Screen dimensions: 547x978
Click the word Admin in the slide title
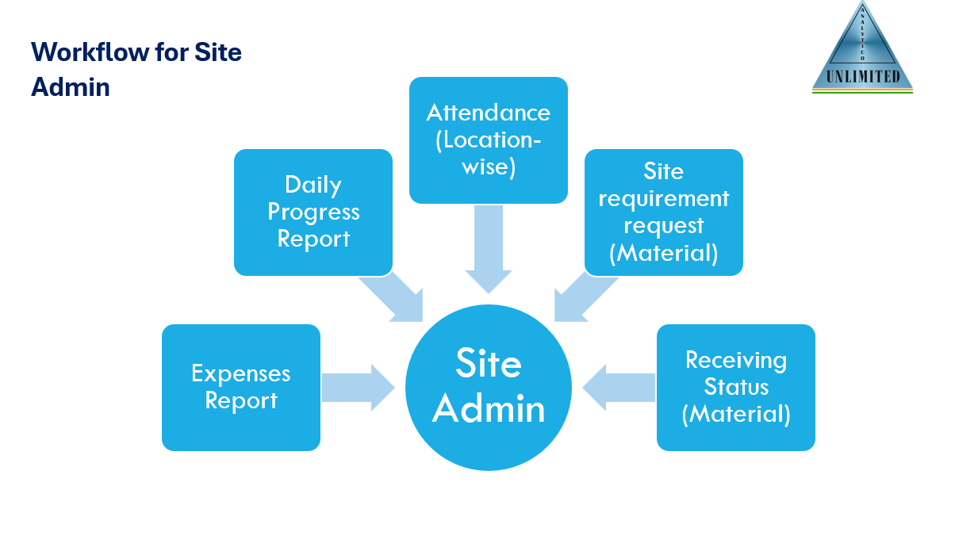[70, 86]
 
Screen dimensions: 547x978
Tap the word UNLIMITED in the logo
[863, 77]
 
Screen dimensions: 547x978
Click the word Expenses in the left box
[241, 373]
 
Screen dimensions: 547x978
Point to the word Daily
[313, 185]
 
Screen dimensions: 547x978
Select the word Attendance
[488, 113]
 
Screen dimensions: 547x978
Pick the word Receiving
[736, 360]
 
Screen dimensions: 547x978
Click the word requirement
[664, 198]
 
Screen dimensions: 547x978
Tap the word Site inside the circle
[488, 364]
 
